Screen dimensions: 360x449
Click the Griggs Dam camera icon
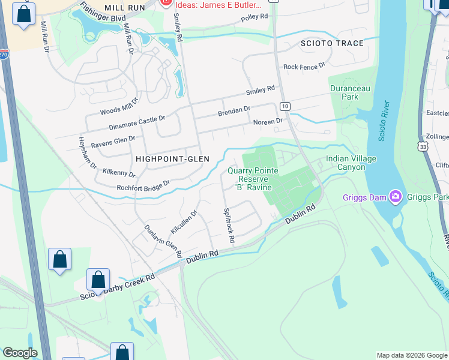395,196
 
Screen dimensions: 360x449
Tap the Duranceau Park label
345,92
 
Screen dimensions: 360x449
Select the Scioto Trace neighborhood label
333,43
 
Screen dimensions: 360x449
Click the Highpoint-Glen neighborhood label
172,159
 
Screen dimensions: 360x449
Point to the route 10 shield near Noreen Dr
285,106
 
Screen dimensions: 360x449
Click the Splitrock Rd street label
228,225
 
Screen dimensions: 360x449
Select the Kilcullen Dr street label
184,222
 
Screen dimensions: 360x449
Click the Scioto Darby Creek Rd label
118,287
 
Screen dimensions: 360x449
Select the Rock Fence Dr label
304,67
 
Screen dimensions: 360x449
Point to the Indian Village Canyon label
345,163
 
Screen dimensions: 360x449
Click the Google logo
20,353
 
